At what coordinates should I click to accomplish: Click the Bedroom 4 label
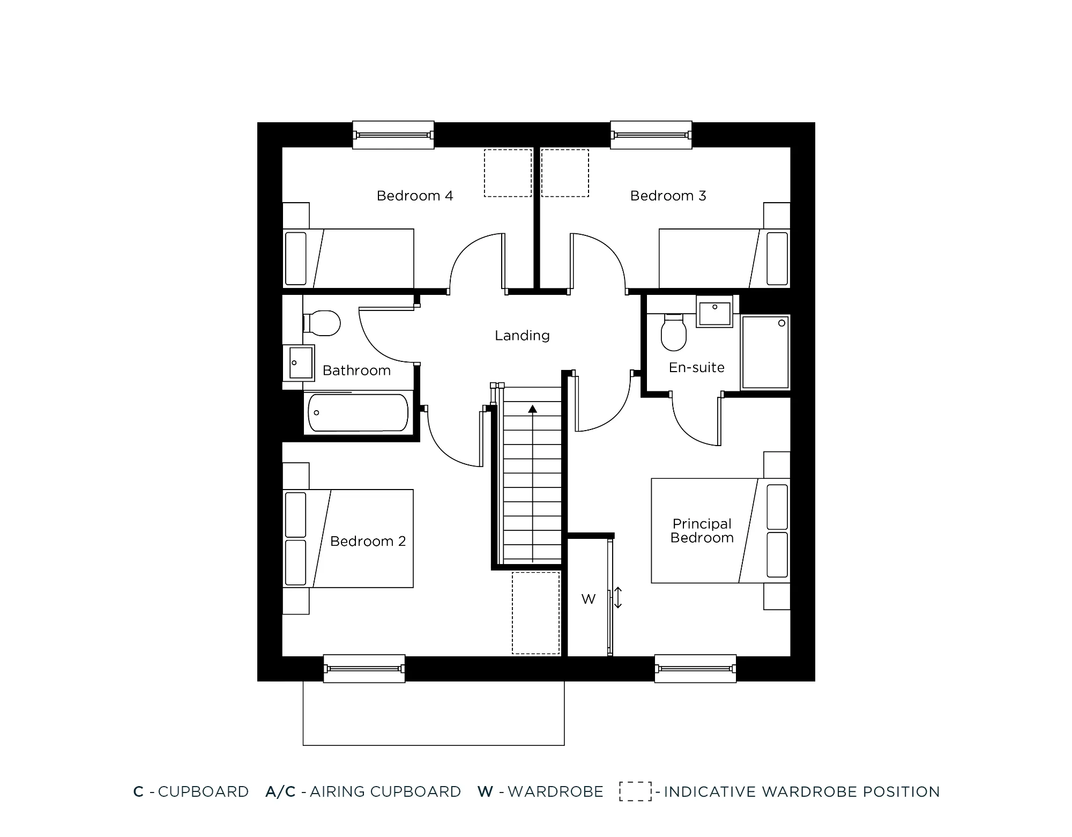click(415, 196)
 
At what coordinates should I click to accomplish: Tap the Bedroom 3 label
click(668, 196)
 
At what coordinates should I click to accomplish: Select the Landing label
click(522, 336)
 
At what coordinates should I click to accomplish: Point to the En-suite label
click(696, 367)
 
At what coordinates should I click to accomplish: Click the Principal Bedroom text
click(702, 531)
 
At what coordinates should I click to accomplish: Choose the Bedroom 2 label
click(368, 542)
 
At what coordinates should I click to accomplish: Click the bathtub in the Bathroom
click(358, 413)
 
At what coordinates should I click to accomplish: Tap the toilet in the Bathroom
click(323, 323)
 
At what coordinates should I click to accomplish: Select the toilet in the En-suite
click(674, 332)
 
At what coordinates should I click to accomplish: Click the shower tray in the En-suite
click(765, 352)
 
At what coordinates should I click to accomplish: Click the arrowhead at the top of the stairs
click(532, 409)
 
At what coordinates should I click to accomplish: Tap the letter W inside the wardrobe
click(588, 599)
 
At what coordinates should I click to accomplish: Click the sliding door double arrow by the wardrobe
click(618, 597)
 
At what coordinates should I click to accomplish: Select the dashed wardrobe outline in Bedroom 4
click(508, 173)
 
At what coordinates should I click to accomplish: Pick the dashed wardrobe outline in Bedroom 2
click(535, 613)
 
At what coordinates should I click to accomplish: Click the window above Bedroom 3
click(651, 135)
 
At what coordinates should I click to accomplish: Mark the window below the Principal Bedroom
click(695, 669)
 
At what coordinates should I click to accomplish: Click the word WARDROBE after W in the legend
click(555, 792)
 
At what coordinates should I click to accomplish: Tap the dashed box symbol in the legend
click(635, 791)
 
